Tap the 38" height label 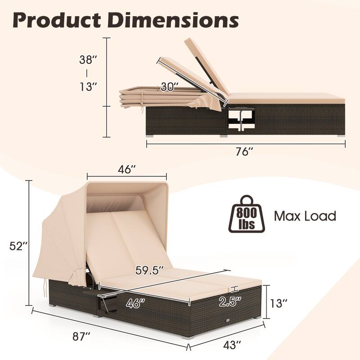[88, 59]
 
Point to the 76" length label [245, 152]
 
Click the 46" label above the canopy [127, 170]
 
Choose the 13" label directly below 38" [88, 86]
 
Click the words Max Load [305, 216]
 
